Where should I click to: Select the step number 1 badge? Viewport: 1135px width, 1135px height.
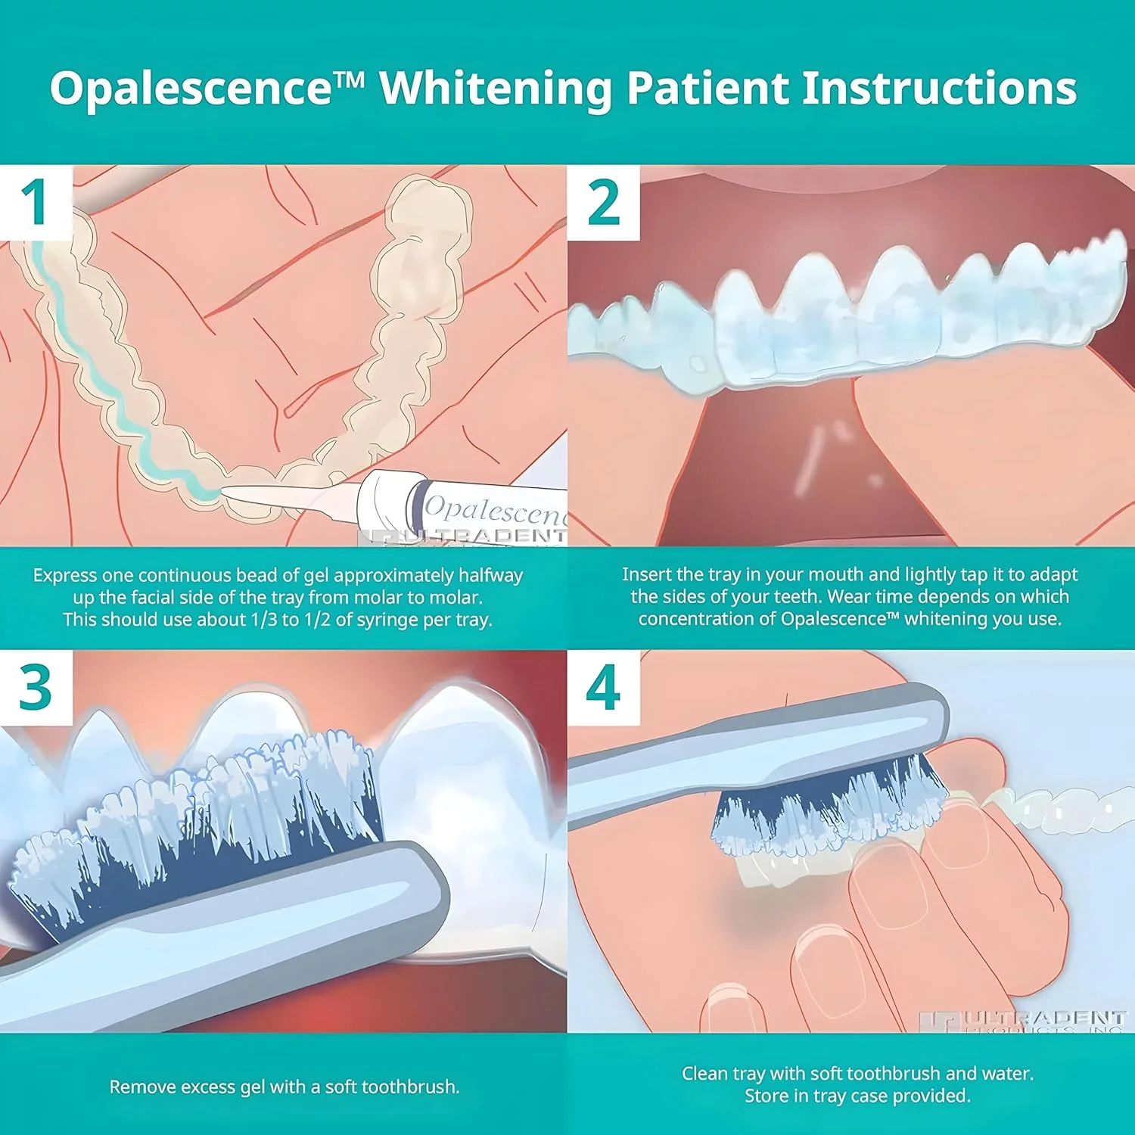[35, 202]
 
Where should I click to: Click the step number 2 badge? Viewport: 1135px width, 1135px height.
[603, 202]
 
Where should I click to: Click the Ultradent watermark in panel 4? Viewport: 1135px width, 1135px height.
[1044, 1019]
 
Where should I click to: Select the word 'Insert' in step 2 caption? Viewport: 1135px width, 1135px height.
[645, 574]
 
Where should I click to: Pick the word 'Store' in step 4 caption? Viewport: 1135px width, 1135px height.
[766, 1096]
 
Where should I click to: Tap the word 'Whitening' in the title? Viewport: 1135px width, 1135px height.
[496, 88]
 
